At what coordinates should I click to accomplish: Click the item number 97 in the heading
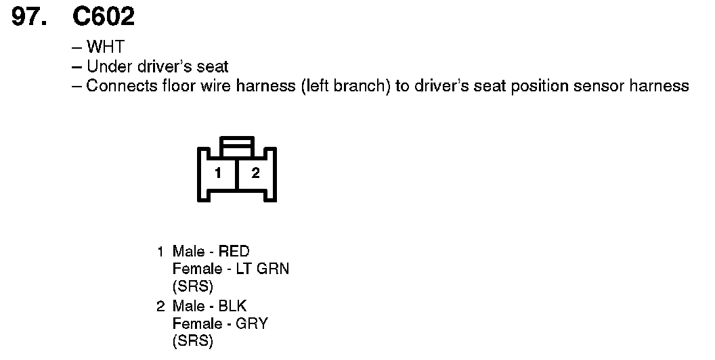coord(30,16)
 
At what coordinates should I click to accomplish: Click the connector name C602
coord(104,16)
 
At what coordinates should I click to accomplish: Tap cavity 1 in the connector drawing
coord(218,173)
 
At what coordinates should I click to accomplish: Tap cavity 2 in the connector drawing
coord(255,173)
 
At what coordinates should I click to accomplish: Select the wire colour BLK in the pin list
coord(232,307)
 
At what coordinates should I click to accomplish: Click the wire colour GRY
coord(252,323)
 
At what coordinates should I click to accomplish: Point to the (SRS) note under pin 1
coord(192,286)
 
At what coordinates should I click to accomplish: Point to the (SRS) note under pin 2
coord(192,341)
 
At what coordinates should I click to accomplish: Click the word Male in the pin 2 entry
coord(189,307)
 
